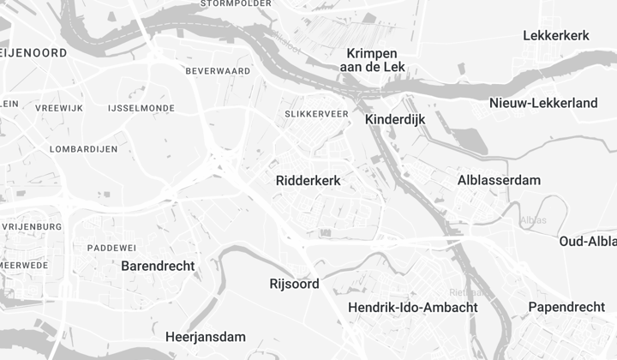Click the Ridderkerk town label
click(x=308, y=181)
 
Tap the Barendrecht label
click(x=158, y=266)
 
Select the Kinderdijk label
click(x=395, y=120)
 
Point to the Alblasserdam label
click(x=500, y=180)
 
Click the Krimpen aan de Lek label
click(x=371, y=60)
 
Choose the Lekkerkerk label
click(x=556, y=35)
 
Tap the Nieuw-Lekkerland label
click(x=543, y=103)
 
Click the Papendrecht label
click(x=566, y=307)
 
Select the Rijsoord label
click(x=294, y=284)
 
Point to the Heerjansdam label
click(x=206, y=337)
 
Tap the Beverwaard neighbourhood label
click(x=218, y=70)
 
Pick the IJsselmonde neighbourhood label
click(x=142, y=109)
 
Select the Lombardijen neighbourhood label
click(x=84, y=149)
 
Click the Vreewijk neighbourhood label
click(x=58, y=109)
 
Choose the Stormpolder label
click(x=236, y=3)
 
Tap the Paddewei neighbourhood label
click(x=112, y=248)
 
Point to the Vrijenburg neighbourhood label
click(x=33, y=226)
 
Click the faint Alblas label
click(x=533, y=220)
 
